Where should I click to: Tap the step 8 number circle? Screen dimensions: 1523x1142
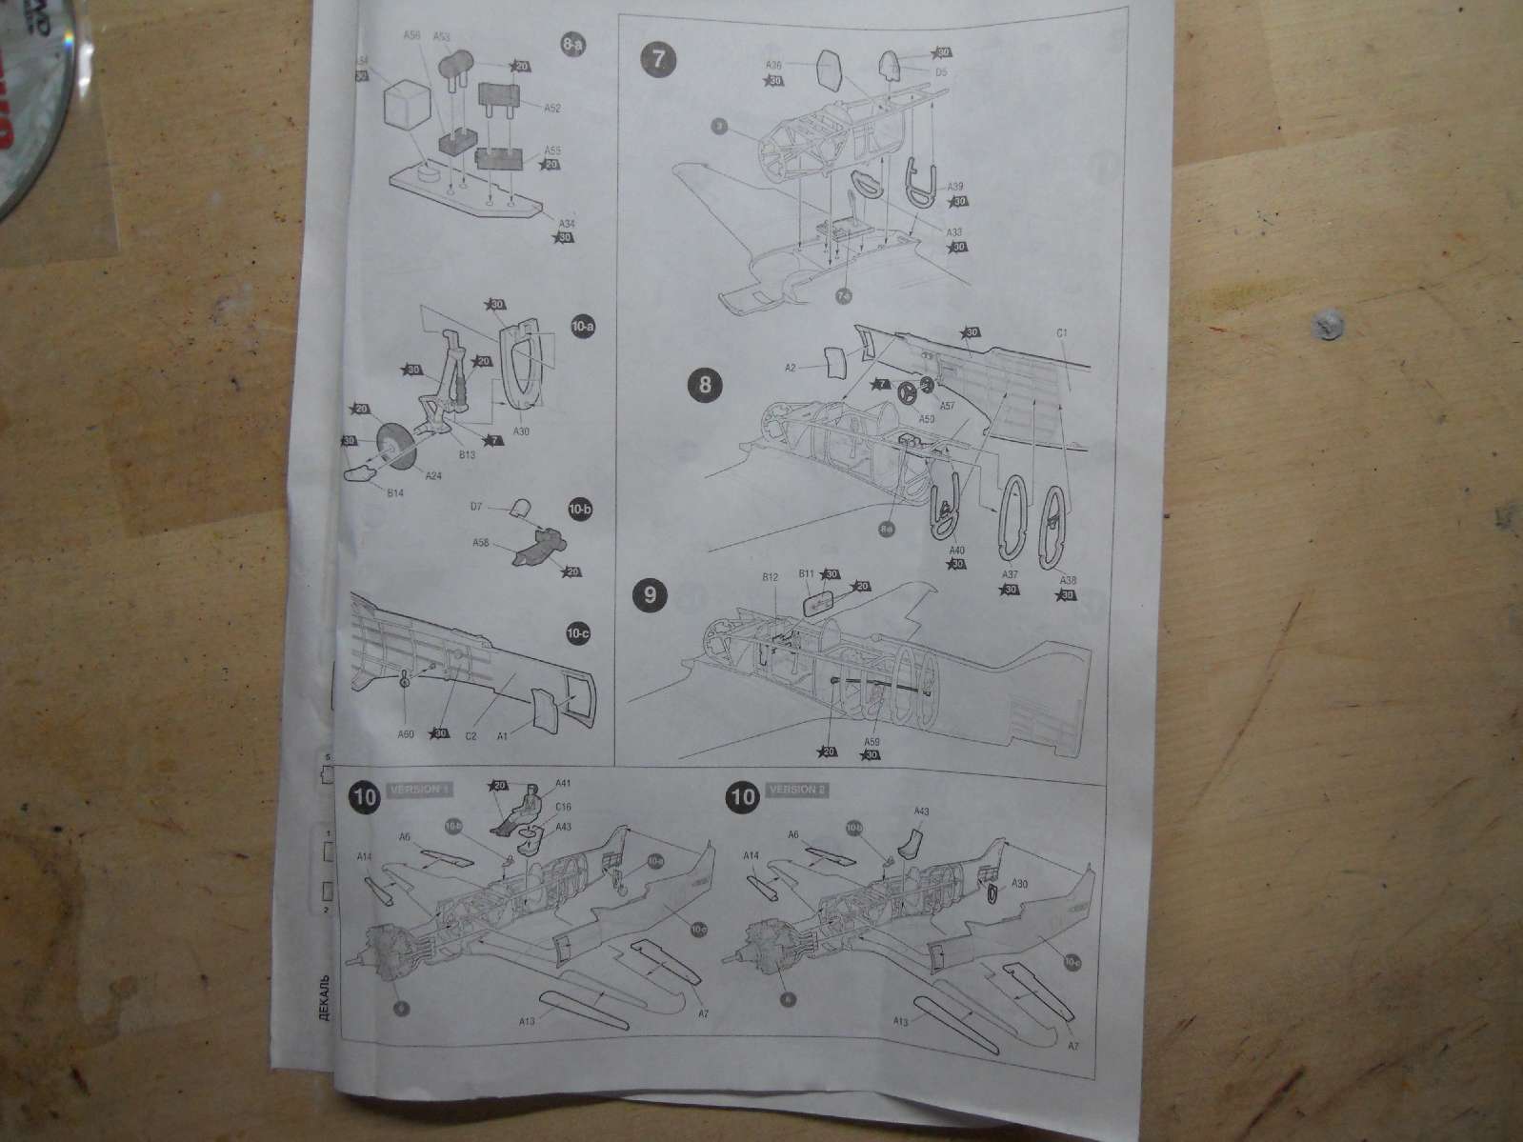tap(704, 385)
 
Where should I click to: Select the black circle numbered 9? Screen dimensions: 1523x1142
tap(650, 594)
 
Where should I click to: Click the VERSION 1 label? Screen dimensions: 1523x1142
tap(419, 791)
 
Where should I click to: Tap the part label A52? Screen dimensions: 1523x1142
tap(551, 108)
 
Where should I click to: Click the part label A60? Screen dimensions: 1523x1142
tap(407, 733)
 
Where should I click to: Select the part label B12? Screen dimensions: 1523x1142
tap(771, 577)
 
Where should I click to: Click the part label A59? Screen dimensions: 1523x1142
tap(871, 740)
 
